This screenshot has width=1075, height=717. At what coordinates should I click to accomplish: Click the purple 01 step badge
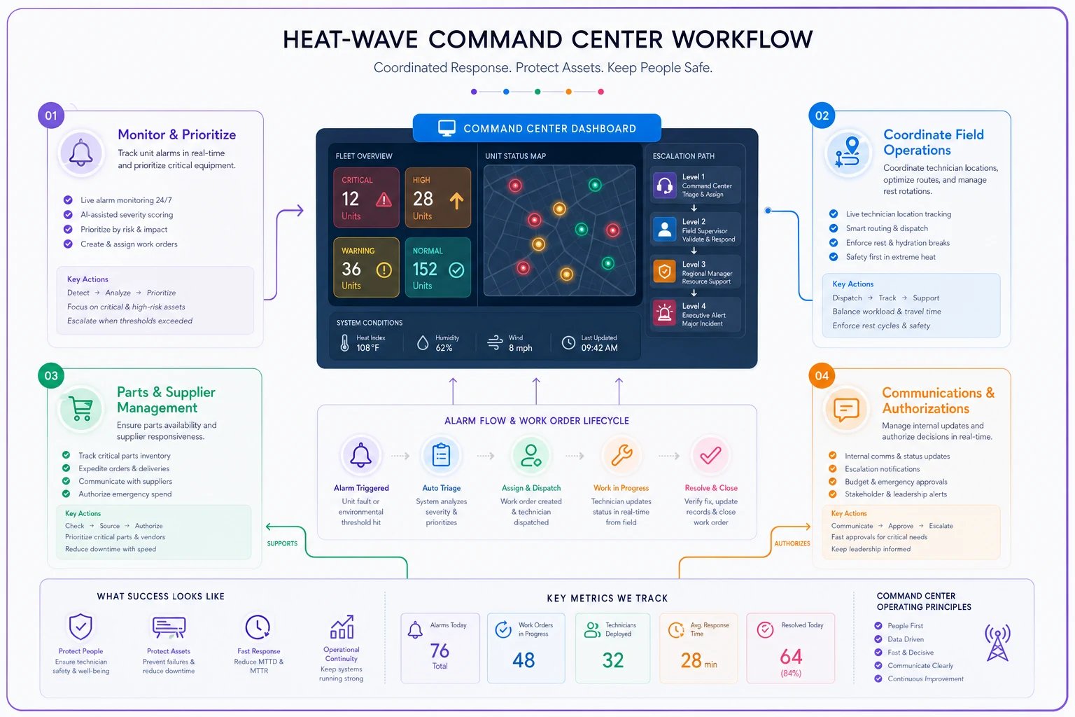coord(51,116)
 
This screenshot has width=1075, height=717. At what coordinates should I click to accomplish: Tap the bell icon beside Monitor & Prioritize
coord(80,153)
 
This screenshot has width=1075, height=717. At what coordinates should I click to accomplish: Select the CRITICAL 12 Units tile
coord(366,197)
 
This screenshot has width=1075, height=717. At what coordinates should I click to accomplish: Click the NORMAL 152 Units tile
coord(437,267)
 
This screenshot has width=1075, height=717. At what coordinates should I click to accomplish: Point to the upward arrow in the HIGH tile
coord(456,200)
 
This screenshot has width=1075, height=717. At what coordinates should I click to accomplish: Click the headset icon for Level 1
coord(665,185)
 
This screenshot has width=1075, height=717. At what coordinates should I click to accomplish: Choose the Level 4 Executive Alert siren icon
coord(665,313)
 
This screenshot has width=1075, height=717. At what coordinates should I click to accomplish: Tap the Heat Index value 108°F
coord(367,348)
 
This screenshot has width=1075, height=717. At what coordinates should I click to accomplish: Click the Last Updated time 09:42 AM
coord(599,348)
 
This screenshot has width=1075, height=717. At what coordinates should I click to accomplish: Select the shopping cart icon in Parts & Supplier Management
coord(80,409)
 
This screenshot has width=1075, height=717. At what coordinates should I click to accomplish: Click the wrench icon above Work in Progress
coord(621,455)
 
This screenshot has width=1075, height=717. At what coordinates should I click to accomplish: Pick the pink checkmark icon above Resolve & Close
coord(711,455)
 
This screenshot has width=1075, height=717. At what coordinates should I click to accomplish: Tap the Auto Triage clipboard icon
coord(441,455)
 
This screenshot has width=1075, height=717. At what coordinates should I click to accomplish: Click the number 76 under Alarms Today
coord(440,650)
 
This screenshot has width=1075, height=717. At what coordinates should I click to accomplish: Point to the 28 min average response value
coord(698,661)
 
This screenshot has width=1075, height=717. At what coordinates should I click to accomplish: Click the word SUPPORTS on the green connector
coord(282,543)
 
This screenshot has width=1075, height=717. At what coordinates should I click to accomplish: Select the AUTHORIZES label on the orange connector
coord(792,543)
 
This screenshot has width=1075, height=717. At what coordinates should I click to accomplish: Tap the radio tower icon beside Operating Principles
coord(997,643)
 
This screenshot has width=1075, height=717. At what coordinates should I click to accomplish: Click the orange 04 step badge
coord(822,375)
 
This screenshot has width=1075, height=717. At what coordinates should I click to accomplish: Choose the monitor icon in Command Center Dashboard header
coord(447,128)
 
